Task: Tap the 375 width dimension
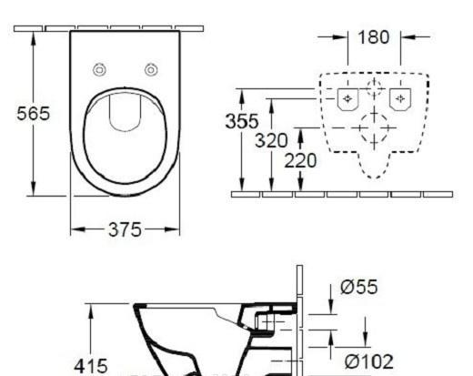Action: click(124, 229)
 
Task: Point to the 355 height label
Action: click(241, 121)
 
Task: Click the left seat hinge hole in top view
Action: click(101, 70)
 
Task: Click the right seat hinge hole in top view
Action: click(149, 70)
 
